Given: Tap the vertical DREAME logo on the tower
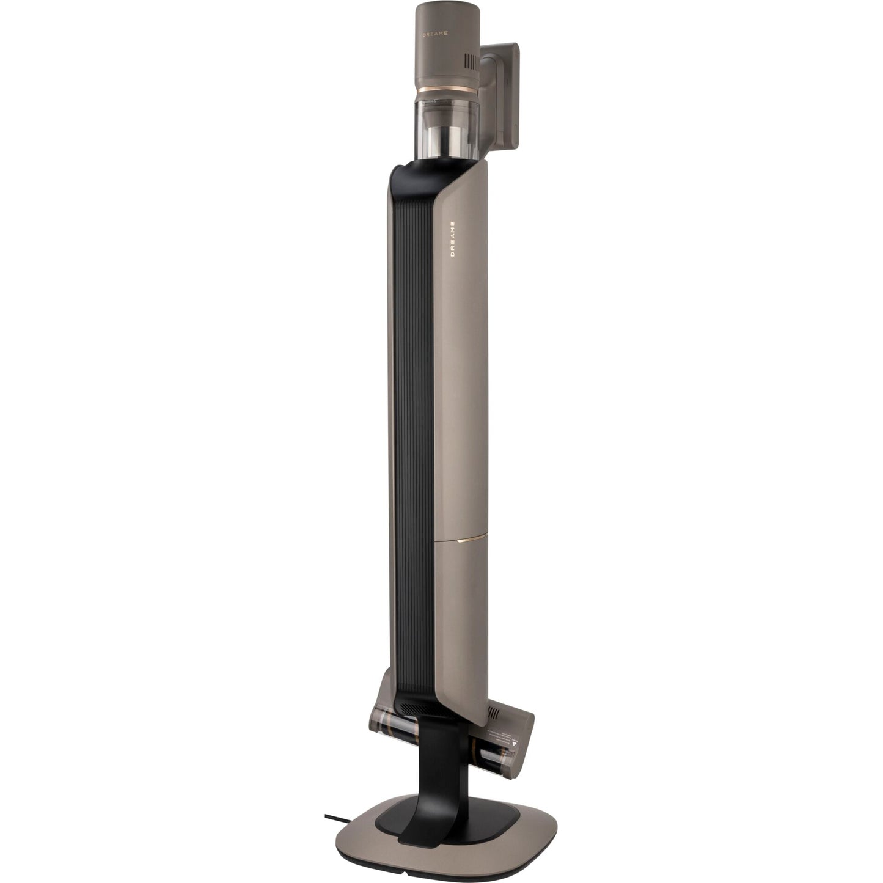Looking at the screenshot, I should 453,238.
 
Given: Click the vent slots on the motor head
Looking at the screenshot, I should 472,62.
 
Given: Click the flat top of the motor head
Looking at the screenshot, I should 440,9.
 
